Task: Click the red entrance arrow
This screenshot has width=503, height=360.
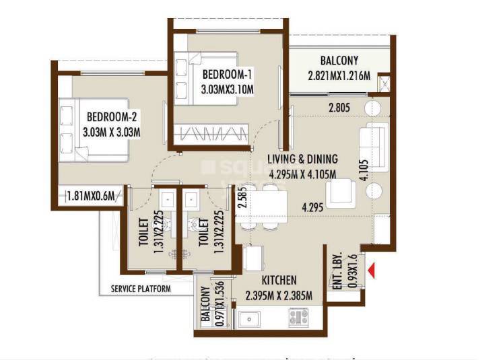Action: coord(370,272)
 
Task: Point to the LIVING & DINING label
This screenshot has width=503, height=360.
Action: coord(302,159)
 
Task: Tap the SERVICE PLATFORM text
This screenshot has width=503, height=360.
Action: coord(141,289)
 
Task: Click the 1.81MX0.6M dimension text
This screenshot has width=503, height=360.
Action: coord(93,196)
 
